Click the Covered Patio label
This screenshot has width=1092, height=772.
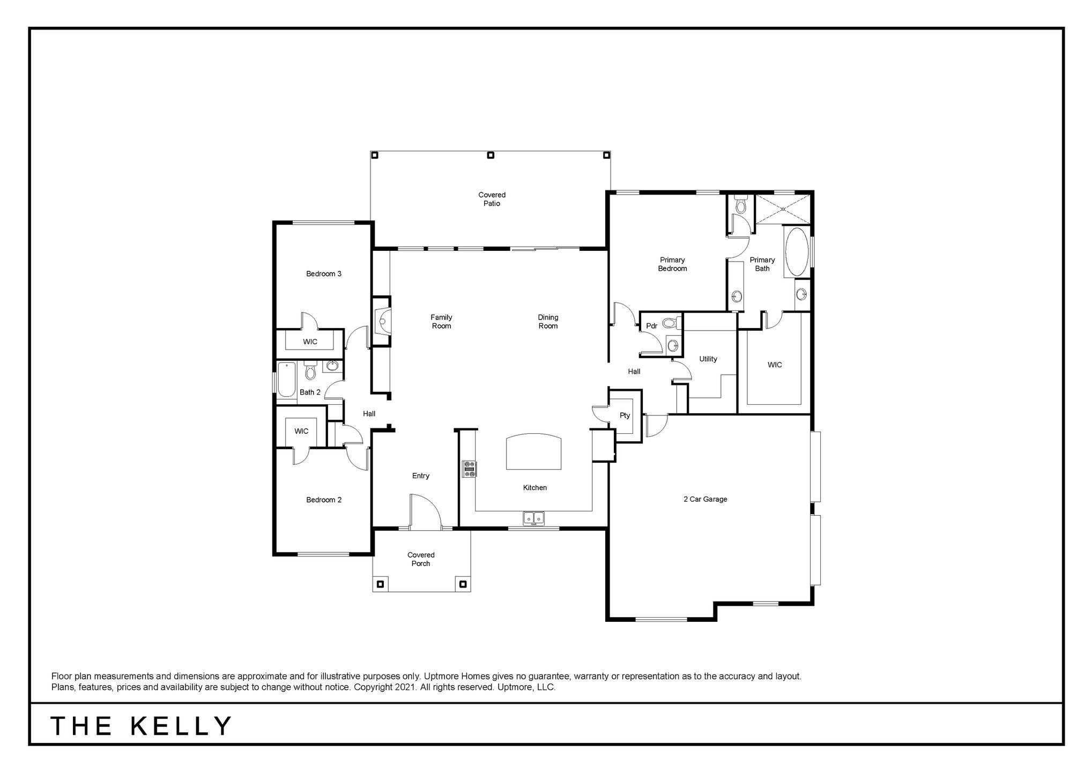coord(492,199)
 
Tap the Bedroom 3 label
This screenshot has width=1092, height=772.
coord(324,274)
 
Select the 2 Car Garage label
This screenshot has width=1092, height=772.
coord(705,499)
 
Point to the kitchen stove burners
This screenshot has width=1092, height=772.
coord(470,469)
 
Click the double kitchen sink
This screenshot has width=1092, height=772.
coord(533,518)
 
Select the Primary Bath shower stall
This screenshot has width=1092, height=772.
coord(783,209)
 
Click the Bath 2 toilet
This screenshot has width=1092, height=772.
coord(310,370)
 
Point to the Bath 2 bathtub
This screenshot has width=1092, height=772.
coord(286,380)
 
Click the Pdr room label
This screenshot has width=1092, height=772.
coord(652,326)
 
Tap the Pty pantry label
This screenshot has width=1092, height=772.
coord(625,415)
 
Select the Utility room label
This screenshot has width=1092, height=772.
coord(708,359)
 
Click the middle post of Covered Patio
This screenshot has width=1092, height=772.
coord(490,155)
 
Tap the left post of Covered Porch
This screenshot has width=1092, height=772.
coord(381,583)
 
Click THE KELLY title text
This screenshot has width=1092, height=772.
coord(142,726)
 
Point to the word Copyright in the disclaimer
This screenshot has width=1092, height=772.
coord(374,687)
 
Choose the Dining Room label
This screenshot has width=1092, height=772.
coord(548,322)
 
